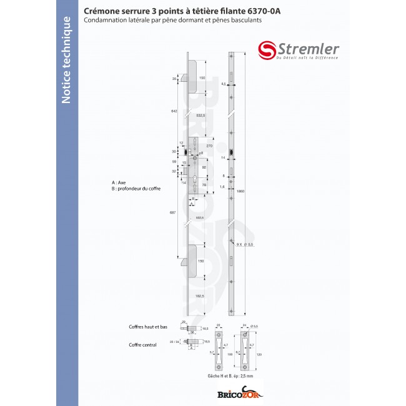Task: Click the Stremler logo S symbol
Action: (x=267, y=51)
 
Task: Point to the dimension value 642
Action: (x=174, y=111)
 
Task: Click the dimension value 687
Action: (x=174, y=213)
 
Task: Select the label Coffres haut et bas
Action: (x=148, y=327)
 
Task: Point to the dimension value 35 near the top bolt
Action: (x=174, y=79)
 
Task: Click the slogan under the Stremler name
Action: (x=307, y=57)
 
